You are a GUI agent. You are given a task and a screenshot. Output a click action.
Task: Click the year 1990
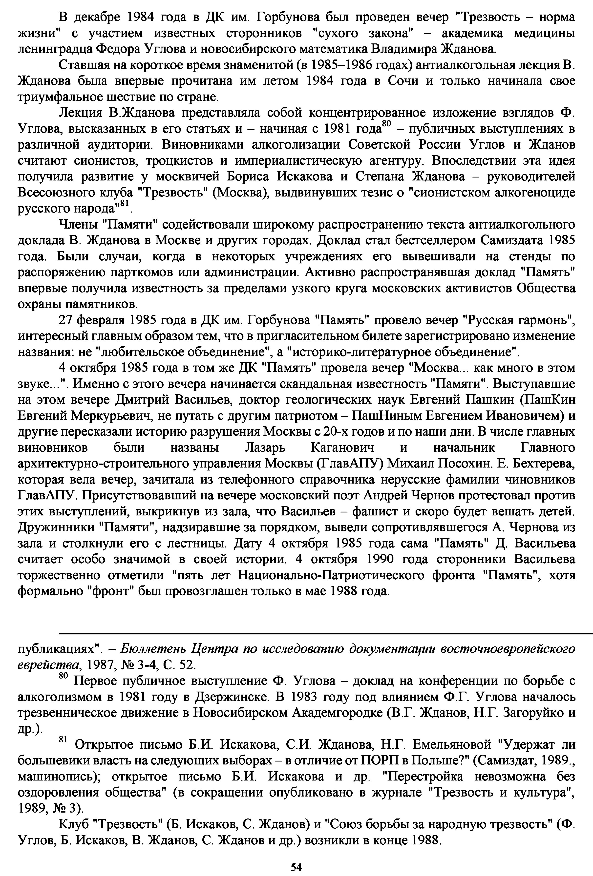coord(380,559)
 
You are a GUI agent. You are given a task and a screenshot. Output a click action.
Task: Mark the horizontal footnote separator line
coord(324,634)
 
